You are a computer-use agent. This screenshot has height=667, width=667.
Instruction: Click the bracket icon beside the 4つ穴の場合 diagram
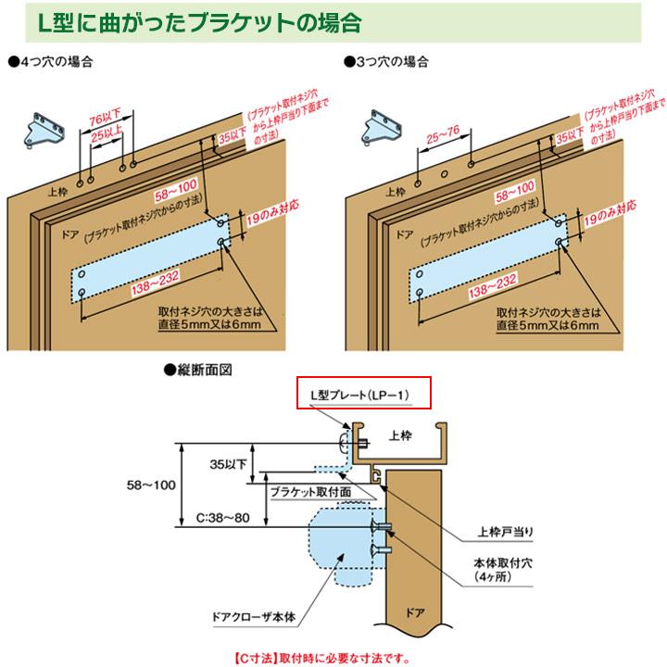41,129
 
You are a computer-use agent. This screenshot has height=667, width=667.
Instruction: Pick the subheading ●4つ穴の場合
51,62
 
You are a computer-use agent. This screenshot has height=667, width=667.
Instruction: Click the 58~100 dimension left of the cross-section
152,483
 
